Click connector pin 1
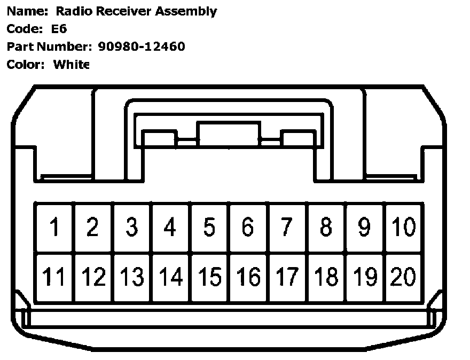click(54, 227)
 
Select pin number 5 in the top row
click(209, 227)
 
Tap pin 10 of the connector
click(404, 227)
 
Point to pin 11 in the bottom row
click(54, 277)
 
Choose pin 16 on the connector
click(248, 277)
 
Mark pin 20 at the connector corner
click(404, 277)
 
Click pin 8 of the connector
click(326, 227)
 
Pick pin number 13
click(132, 277)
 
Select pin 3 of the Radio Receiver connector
click(132, 227)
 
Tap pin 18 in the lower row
click(326, 277)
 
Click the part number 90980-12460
click(142, 46)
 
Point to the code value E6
click(59, 29)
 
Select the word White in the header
click(72, 65)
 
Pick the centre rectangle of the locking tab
click(229, 134)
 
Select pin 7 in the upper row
click(287, 227)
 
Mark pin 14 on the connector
click(171, 277)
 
